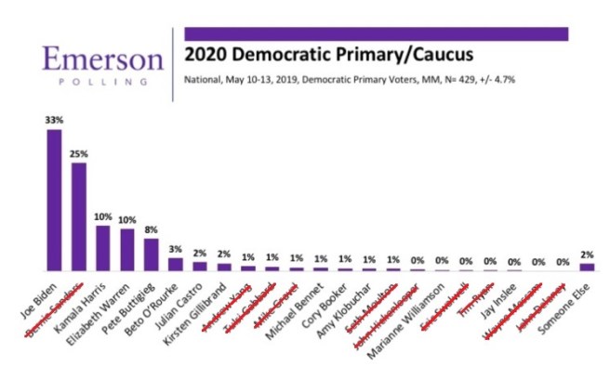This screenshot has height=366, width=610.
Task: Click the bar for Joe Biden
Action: pos(55,200)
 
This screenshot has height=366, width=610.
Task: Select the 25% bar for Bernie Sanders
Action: pos(79,216)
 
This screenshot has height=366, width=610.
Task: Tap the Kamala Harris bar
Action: pos(103,248)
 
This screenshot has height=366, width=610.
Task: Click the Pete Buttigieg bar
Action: pos(152,254)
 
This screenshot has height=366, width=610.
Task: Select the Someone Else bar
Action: pos(587,267)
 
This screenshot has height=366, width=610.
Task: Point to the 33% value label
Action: pos(55,120)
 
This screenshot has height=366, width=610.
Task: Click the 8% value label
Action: pos(152,229)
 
